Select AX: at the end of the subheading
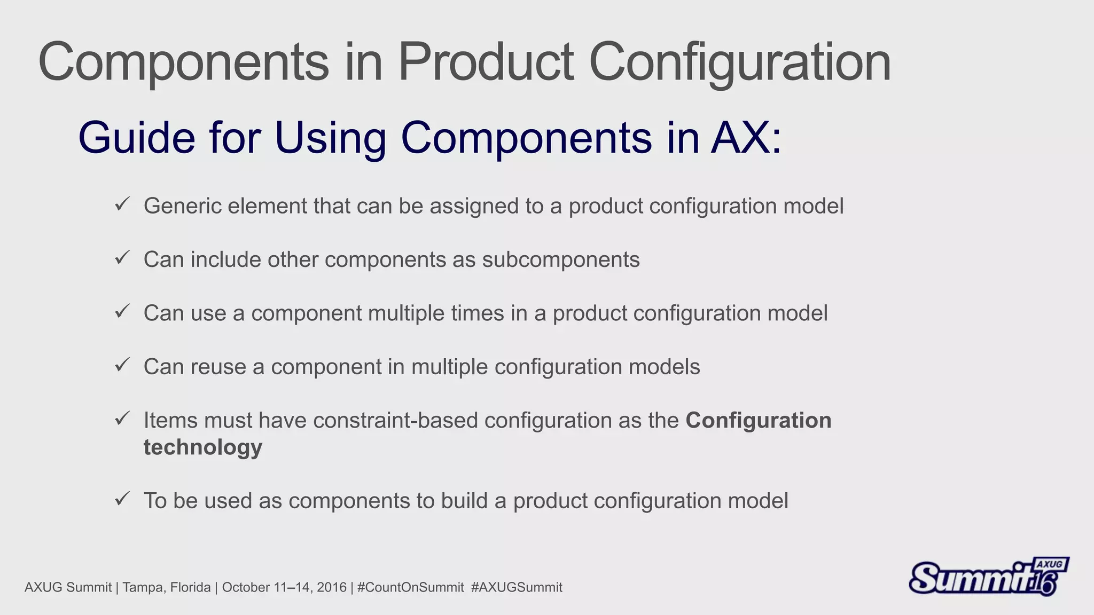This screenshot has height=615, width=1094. (746, 138)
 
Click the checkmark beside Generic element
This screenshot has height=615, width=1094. (122, 204)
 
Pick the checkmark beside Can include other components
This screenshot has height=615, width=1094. (122, 258)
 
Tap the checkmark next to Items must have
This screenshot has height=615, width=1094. (122, 419)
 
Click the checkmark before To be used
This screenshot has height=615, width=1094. (122, 499)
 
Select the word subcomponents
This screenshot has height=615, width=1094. (560, 260)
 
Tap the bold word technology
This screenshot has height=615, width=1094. (203, 447)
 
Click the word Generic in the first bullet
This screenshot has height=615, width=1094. (182, 207)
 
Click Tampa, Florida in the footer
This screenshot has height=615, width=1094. (167, 587)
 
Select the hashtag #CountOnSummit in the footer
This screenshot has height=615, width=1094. (410, 587)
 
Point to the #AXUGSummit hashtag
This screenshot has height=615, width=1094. (517, 587)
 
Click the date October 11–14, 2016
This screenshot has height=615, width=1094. (284, 587)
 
